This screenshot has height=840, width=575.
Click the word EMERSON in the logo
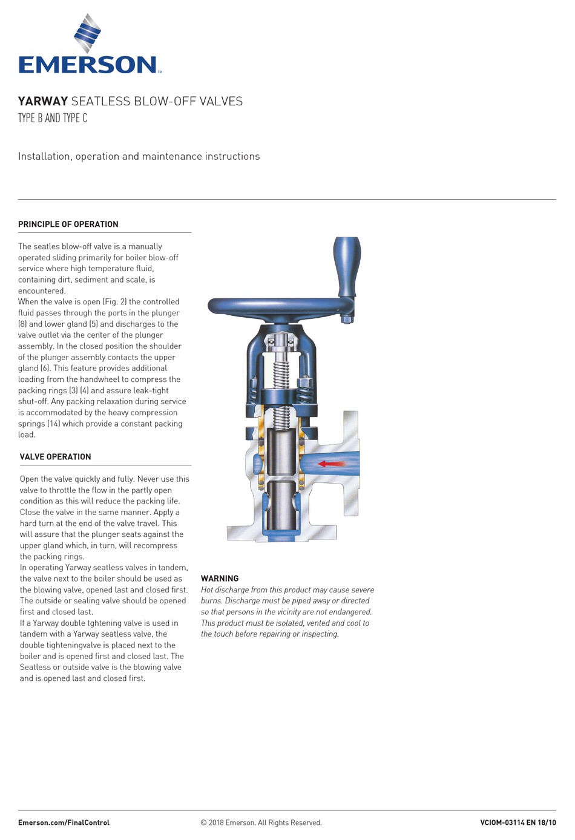click(x=88, y=65)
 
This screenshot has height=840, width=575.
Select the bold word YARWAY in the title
click(x=42, y=102)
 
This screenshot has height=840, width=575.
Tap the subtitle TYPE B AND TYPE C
click(x=53, y=118)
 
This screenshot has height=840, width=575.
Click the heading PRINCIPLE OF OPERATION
click(x=68, y=225)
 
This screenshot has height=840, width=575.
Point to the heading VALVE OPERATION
click(x=56, y=457)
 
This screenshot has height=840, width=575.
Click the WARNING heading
click(x=220, y=579)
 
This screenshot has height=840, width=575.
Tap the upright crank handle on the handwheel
click(x=347, y=266)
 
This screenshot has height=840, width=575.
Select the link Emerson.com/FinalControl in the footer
click(x=64, y=823)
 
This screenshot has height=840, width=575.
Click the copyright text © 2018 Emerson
click(x=261, y=823)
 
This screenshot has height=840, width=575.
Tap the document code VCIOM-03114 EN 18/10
click(x=517, y=823)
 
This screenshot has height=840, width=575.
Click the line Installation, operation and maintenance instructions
click(x=139, y=156)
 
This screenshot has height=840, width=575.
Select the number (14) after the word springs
click(x=53, y=424)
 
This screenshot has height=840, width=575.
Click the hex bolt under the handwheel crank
click(x=347, y=318)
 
